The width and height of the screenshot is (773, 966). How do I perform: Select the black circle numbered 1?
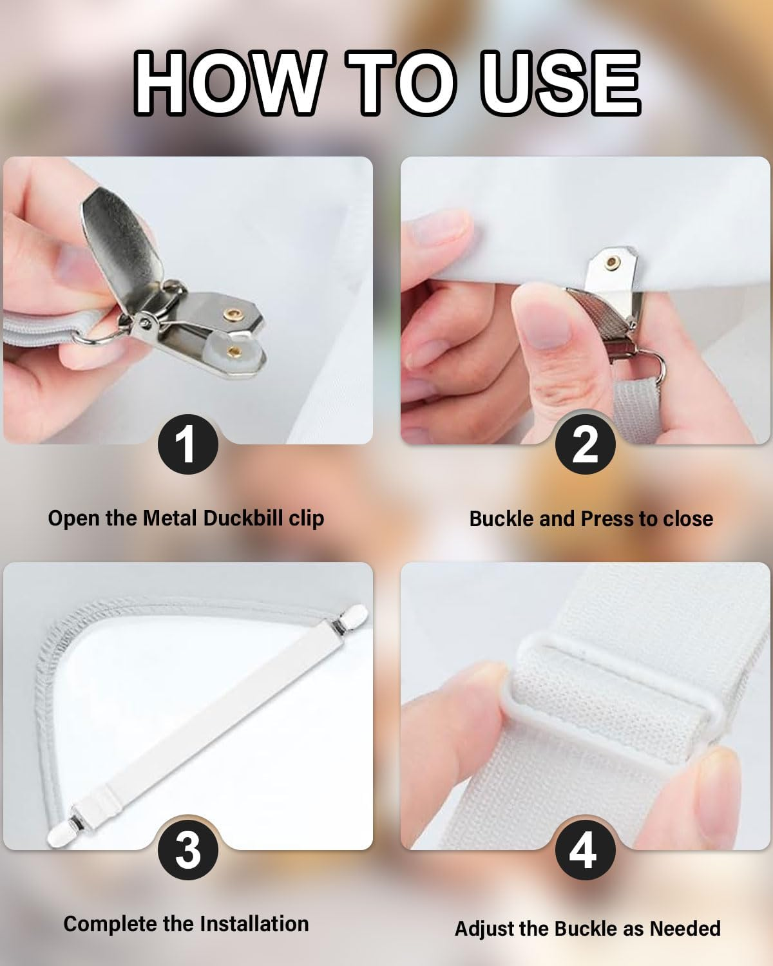click(187, 444)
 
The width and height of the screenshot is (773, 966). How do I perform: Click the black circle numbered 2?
click(585, 444)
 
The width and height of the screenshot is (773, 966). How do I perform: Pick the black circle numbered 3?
click(187, 849)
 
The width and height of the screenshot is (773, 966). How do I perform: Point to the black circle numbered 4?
click(585, 849)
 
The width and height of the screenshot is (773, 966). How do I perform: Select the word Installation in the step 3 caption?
click(254, 924)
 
